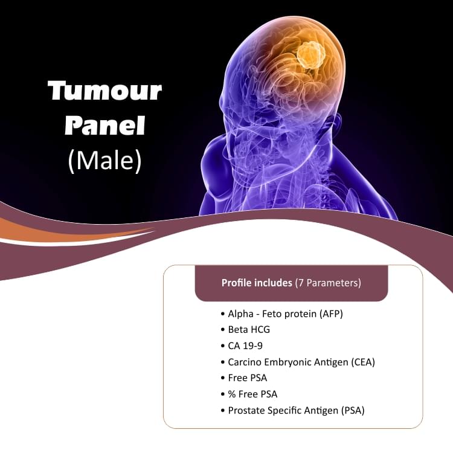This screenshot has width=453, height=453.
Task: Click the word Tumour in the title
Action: [104, 91]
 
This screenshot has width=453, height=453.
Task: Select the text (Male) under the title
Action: [104, 161]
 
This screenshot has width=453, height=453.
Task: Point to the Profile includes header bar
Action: [291, 283]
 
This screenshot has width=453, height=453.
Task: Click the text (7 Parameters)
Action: [328, 283]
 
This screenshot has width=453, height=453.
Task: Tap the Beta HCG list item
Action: [249, 330]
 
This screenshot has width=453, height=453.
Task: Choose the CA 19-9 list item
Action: [245, 346]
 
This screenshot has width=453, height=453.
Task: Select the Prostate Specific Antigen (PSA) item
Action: [296, 411]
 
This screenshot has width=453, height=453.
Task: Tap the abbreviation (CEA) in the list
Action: [364, 362]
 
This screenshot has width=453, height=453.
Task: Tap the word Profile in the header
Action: [236, 283]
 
